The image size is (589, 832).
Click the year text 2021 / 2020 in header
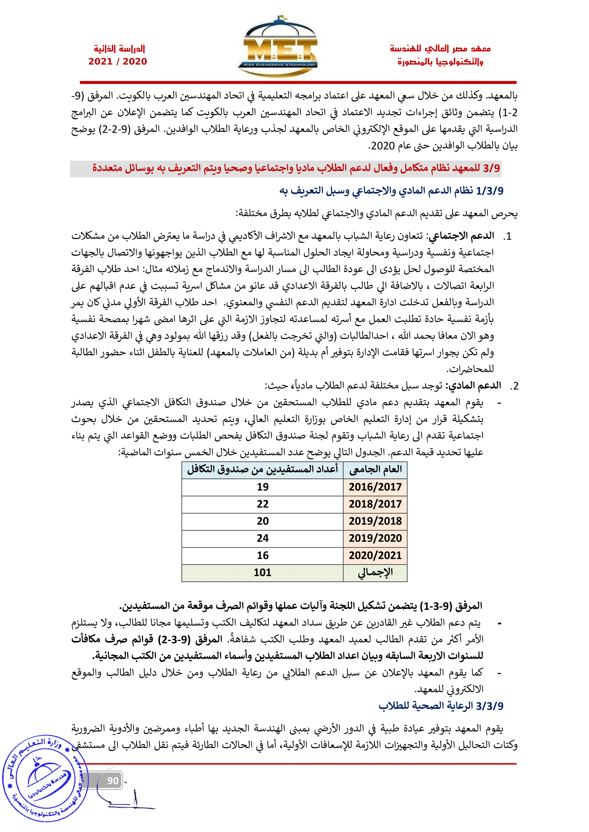(118, 61)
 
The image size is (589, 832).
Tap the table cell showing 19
(262, 487)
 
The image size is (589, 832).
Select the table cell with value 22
(262, 504)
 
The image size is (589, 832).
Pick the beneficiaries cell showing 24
(262, 538)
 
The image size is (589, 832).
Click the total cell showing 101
(262, 573)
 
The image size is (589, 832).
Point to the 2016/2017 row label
(375, 487)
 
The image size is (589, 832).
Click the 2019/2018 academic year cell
(375, 521)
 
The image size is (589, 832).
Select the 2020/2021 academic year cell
(375, 555)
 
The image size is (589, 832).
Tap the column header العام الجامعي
(375, 470)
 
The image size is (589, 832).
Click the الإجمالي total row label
(375, 573)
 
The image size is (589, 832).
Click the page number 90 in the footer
(113, 781)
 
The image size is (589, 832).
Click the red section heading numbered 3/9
(296, 168)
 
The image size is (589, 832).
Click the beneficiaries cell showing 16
(262, 555)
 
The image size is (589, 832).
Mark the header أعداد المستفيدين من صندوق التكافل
(262, 470)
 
